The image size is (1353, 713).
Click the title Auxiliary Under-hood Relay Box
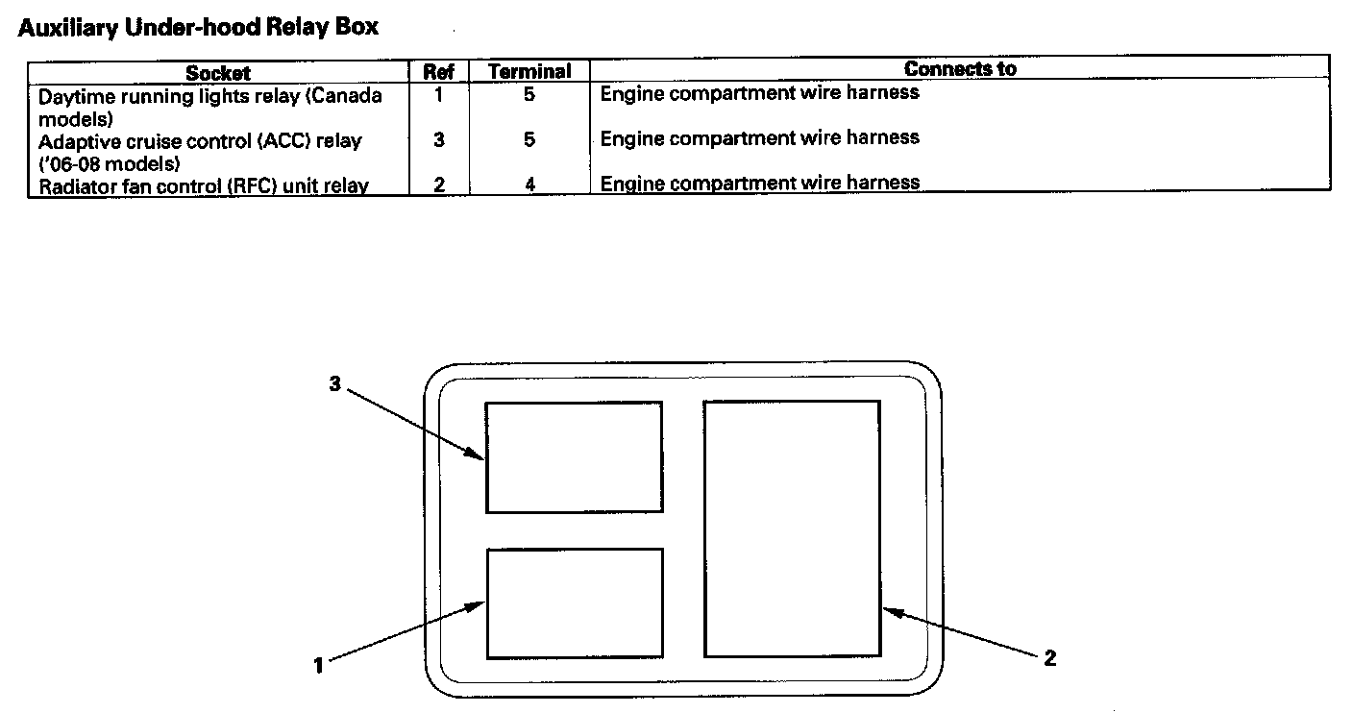pos(198,28)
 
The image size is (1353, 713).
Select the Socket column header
pos(218,72)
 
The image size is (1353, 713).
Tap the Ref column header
pos(438,72)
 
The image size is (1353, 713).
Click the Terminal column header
pos(529,72)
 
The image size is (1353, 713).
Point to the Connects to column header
pos(959,69)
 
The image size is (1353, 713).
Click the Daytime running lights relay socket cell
pos(210,107)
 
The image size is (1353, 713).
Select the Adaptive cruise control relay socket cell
pos(200,152)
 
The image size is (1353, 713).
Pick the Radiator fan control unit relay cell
pos(204,185)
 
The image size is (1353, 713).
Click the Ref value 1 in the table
pos(438,95)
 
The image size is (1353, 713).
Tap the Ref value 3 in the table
pos(438,139)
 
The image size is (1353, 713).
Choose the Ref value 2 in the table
pos(438,184)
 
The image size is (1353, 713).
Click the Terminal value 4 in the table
pos(529,184)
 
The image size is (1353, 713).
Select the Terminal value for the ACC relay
pos(529,139)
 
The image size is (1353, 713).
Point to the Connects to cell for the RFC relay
pos(760,183)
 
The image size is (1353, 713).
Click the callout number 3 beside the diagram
pos(334,382)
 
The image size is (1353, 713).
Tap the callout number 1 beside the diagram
pos(318,664)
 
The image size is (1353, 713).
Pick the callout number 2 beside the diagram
pos(1050,658)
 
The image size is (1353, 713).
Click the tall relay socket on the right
pos(792,529)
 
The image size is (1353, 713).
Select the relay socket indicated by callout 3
pos(574,457)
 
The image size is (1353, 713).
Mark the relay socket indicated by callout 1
pos(575,603)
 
